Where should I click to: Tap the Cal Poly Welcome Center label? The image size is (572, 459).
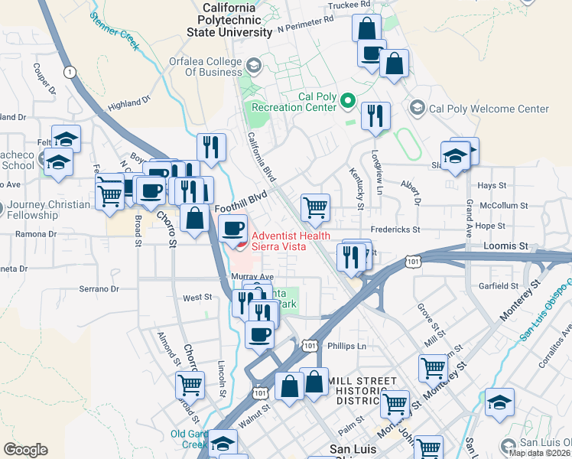(x=489, y=109)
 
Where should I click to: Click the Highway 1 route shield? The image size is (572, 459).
(x=71, y=72)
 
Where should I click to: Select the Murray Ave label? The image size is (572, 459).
(x=252, y=276)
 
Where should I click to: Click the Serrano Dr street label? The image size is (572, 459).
(x=99, y=289)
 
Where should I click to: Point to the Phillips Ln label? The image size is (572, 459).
(x=346, y=346)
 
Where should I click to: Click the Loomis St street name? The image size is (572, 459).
(x=506, y=246)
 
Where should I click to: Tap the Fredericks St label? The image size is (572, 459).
(x=395, y=229)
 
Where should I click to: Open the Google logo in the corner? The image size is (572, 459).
(x=25, y=450)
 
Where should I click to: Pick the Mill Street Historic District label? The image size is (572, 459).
(x=362, y=391)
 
